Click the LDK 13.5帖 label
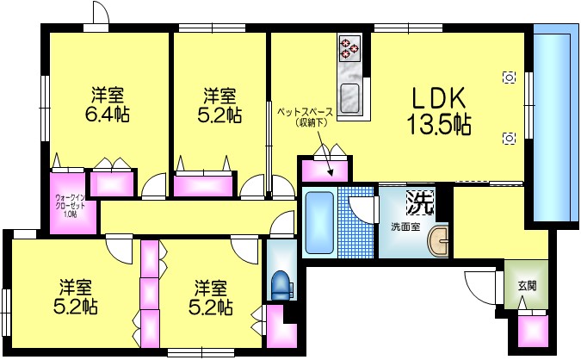pos(442,110)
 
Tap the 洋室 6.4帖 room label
pos(107,104)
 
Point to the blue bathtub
pos(318,220)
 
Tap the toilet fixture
pos(281,282)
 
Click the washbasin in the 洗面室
pos(440,245)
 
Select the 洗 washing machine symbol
pos(419,202)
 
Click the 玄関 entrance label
pos(526,285)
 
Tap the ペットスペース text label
pos(305,111)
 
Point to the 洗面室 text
pos(405,227)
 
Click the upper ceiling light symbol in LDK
pos(509,78)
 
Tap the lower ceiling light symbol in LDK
pos(509,138)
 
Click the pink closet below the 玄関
pos(532,330)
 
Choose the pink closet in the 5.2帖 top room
pos(204,184)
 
